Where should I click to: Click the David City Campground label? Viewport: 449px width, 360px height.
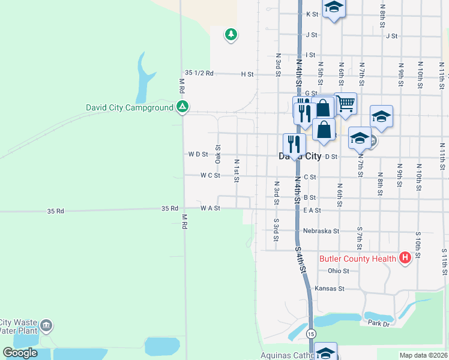pyautogui.click(x=129, y=107)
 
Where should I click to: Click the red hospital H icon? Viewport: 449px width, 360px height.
pyautogui.click(x=405, y=259)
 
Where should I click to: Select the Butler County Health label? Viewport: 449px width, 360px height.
pyautogui.click(x=357, y=259)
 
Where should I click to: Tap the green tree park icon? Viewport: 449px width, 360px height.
pyautogui.click(x=231, y=35)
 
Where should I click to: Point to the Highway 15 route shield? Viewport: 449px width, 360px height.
pyautogui.click(x=310, y=334)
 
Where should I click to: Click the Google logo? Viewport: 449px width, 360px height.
pyautogui.click(x=20, y=353)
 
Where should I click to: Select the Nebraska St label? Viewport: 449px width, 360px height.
pyautogui.click(x=321, y=230)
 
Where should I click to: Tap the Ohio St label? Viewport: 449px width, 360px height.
pyautogui.click(x=339, y=271)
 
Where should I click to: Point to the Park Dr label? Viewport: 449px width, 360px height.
pyautogui.click(x=379, y=323)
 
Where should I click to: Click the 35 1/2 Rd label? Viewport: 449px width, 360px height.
pyautogui.click(x=199, y=73)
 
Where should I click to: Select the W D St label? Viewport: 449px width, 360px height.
pyautogui.click(x=197, y=154)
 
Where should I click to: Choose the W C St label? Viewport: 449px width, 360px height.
pyautogui.click(x=210, y=176)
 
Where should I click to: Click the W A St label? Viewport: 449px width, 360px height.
pyautogui.click(x=211, y=208)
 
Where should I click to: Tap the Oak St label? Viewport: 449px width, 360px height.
pyautogui.click(x=218, y=154)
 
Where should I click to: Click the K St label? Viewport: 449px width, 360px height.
pyautogui.click(x=312, y=14)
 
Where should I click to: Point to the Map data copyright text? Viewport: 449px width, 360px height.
pyautogui.click(x=423, y=355)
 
